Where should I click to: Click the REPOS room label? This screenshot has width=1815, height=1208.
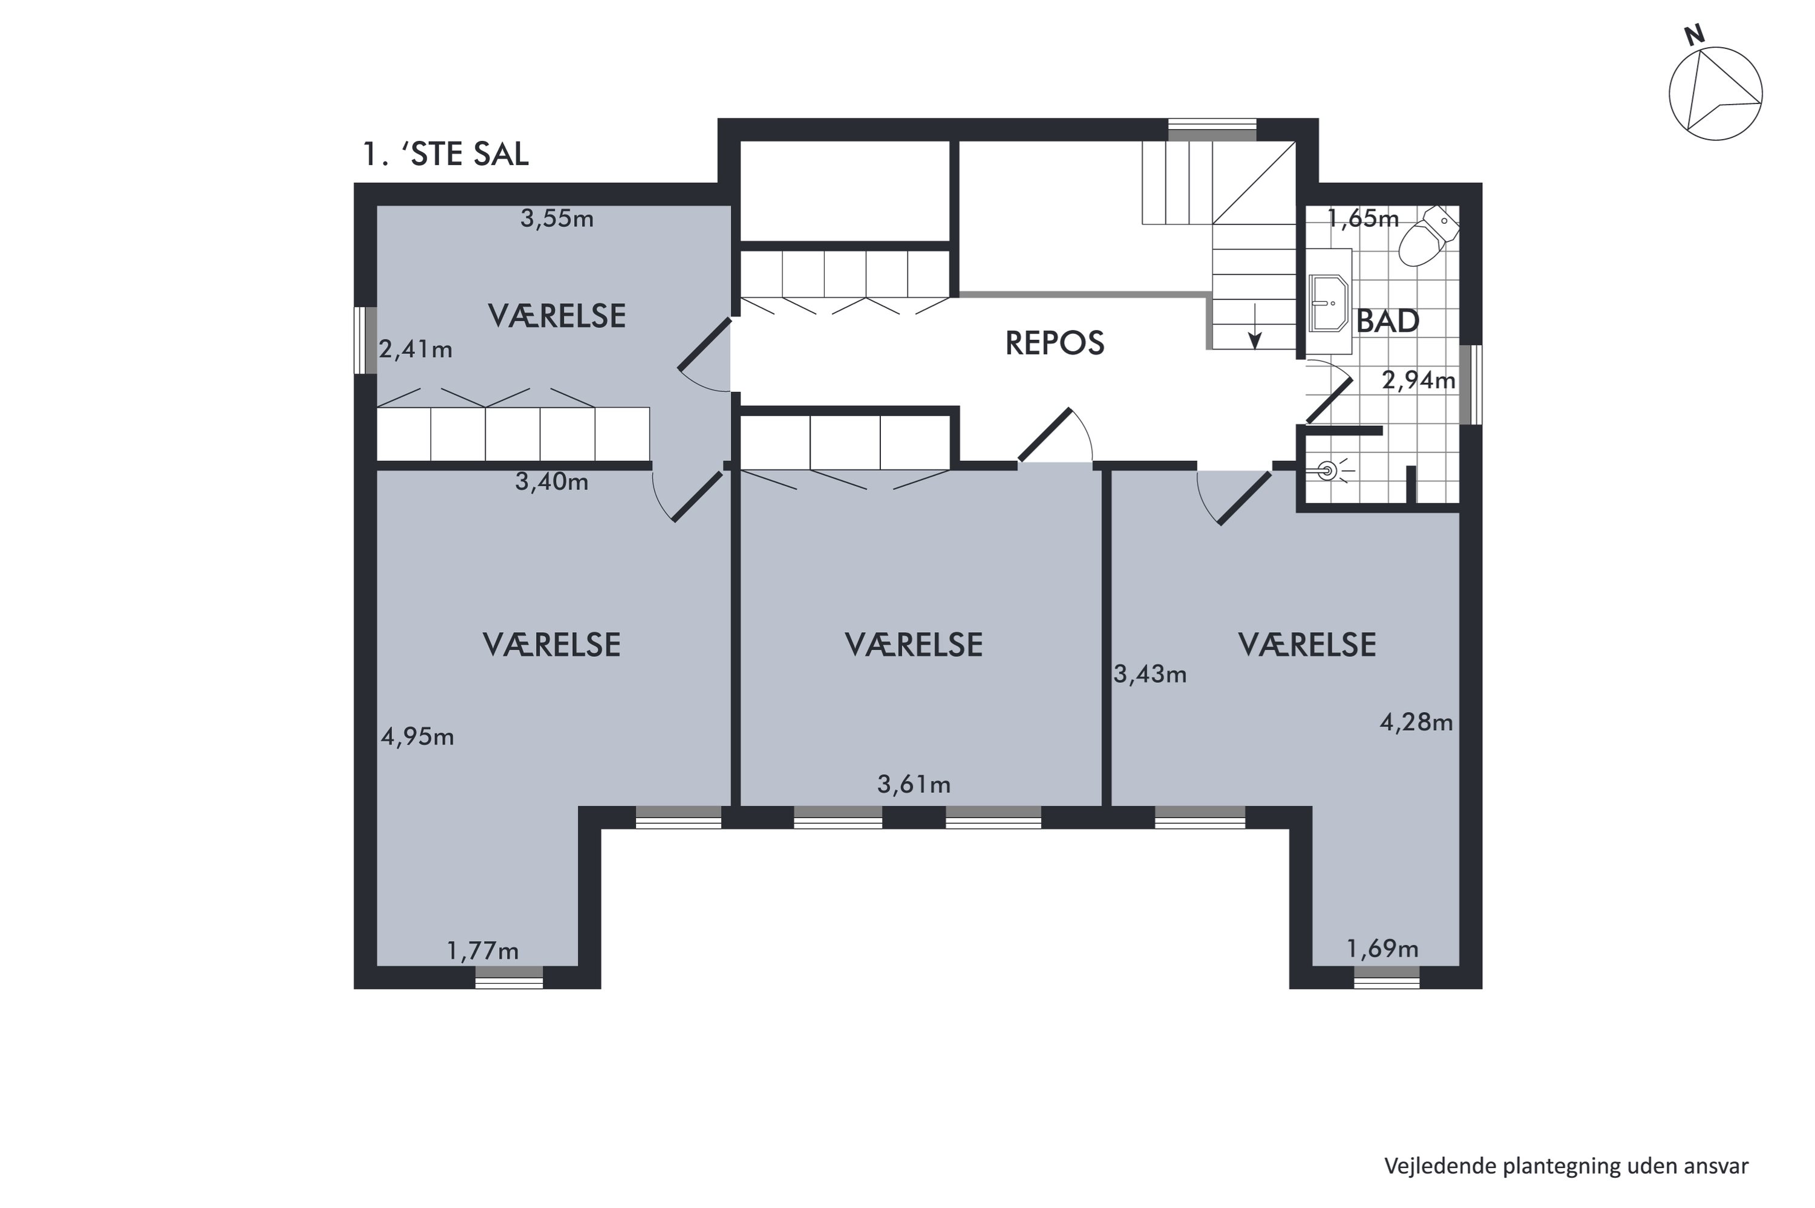(x=1054, y=343)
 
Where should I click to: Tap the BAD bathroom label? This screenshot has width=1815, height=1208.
(x=1387, y=321)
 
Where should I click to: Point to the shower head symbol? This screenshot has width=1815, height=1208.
(x=1327, y=469)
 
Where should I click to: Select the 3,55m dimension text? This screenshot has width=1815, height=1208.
(x=557, y=219)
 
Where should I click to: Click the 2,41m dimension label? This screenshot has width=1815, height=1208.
(x=415, y=350)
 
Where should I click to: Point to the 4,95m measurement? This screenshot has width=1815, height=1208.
(x=417, y=737)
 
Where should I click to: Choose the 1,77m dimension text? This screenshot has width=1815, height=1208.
(x=483, y=951)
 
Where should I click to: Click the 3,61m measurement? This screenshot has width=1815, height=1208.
(x=914, y=785)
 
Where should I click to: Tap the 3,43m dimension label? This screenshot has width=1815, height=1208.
(x=1150, y=675)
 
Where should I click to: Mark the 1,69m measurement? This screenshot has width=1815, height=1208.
(x=1382, y=948)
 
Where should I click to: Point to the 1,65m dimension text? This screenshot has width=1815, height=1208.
(x=1363, y=219)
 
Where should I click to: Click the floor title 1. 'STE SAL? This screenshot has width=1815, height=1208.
(x=446, y=154)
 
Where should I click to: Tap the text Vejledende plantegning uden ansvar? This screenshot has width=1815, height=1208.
(x=1566, y=1166)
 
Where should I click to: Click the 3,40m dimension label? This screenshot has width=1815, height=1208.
(x=552, y=482)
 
